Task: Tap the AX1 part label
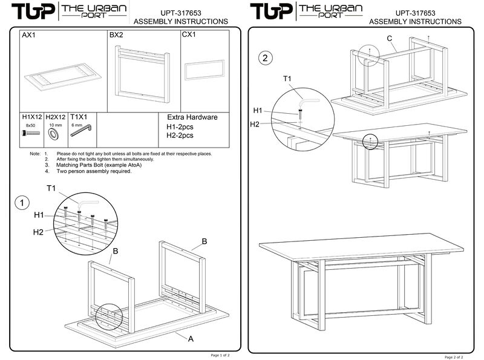point(28,36)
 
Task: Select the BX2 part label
point(117,36)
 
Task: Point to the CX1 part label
point(189,36)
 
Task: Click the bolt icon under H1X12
point(30,131)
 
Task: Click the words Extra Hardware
point(191,117)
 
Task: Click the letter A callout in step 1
point(191,339)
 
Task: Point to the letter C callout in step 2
point(390,39)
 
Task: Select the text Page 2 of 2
point(459,356)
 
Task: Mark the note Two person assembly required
point(94,171)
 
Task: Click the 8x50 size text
point(30,125)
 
